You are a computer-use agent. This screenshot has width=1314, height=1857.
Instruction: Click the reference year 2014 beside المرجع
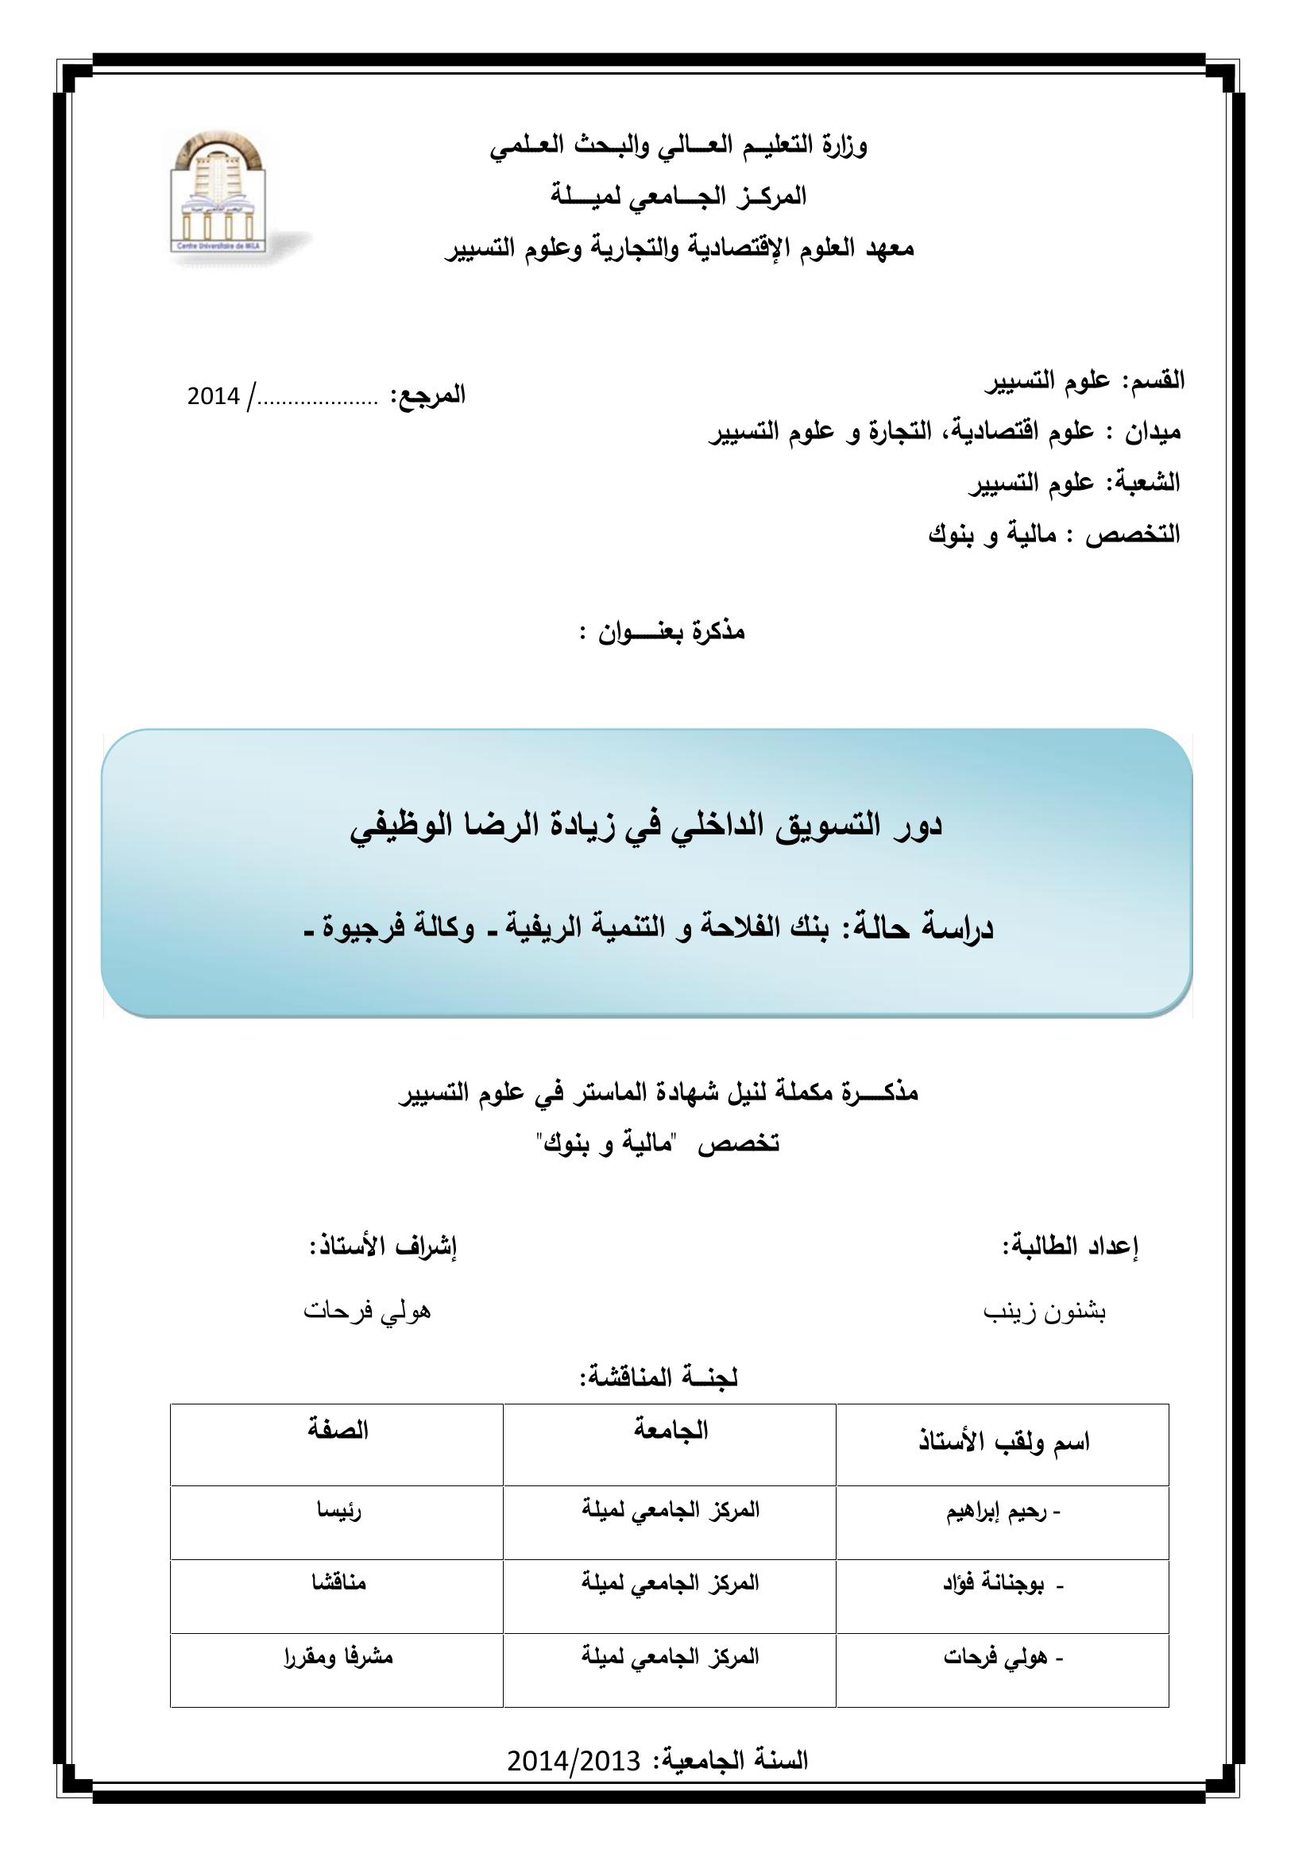pos(214,396)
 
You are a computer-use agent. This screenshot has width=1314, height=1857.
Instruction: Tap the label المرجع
pos(428,395)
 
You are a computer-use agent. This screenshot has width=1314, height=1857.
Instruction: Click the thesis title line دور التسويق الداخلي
pos(647,826)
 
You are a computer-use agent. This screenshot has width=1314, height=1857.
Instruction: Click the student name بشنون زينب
pos(1045,1311)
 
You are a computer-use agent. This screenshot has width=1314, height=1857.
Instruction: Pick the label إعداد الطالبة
pos(1069,1246)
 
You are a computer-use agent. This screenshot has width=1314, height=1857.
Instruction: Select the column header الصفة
pos(338,1431)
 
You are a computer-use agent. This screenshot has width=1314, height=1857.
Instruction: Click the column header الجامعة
pos(671,1431)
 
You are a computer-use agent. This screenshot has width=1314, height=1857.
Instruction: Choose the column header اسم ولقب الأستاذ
pos(1004,1442)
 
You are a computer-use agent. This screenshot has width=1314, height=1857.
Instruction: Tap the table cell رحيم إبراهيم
pos(1003,1513)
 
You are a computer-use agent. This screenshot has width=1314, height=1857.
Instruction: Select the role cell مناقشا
pos(339,1582)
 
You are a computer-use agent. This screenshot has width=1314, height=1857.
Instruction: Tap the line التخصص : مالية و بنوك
pos(1053,534)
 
